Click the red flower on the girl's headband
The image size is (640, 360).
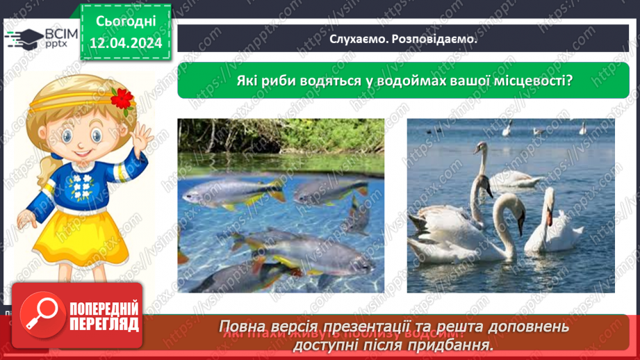pos(123,98)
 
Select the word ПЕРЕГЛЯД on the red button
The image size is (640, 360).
pos(105,324)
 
